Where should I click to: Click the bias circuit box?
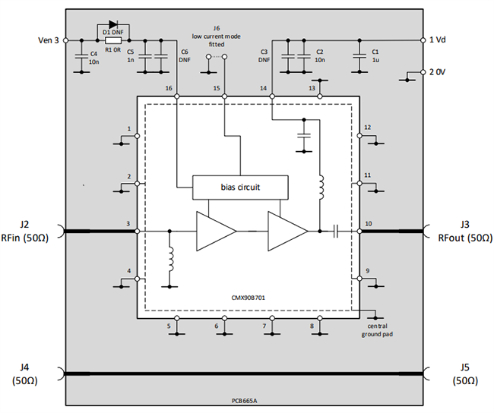(240, 186)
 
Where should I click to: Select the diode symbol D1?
(113, 26)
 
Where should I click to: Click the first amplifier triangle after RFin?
(216, 229)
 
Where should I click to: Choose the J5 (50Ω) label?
(465, 374)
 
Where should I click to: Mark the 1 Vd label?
(442, 39)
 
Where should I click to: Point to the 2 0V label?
(442, 72)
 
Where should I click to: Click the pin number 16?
(168, 89)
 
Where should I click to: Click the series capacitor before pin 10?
(334, 229)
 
